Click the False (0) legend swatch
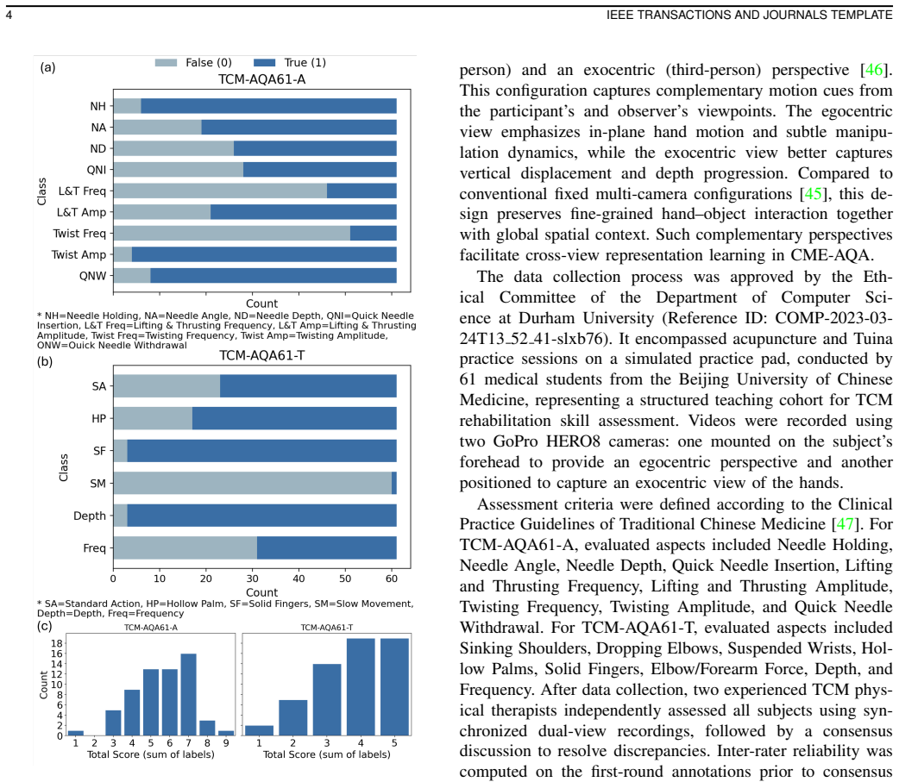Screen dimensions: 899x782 [x=166, y=62]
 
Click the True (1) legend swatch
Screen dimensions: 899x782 [x=264, y=62]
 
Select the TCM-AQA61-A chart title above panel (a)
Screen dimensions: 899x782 [x=262, y=79]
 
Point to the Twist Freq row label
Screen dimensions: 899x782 [x=79, y=233]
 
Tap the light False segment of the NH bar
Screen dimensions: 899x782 [x=128, y=106]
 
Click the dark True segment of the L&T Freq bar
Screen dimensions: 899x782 [x=361, y=191]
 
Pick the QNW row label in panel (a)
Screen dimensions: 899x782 [x=93, y=276]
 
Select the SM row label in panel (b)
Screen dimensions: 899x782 [x=98, y=484]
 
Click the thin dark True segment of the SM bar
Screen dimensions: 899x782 [x=394, y=483]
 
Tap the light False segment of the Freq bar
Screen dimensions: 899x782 [x=185, y=548]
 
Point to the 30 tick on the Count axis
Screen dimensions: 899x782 [x=252, y=579]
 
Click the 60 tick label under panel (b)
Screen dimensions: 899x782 [x=392, y=579]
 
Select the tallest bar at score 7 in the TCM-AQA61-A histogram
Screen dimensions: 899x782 [x=189, y=694]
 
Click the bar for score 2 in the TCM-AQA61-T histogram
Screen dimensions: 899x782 [x=293, y=718]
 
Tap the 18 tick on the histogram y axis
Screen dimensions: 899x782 [x=57, y=643]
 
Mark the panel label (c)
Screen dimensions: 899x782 [x=45, y=626]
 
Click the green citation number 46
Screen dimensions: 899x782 [x=874, y=70]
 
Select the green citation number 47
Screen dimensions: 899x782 [x=846, y=524]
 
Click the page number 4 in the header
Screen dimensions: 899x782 [x=9, y=15]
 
